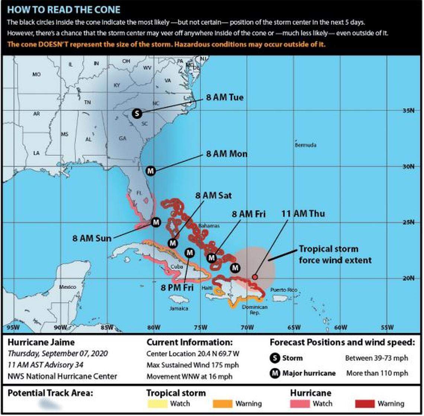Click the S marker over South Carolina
[x=137, y=113]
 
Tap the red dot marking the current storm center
[x=255, y=277]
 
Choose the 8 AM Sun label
[x=92, y=238]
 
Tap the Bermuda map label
[x=305, y=145]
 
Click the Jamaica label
[x=179, y=308]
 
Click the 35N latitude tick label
[x=408, y=110]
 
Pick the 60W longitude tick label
[x=340, y=327]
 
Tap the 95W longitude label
[x=13, y=327]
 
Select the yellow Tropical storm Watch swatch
[x=157, y=403]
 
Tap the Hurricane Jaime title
[x=41, y=342]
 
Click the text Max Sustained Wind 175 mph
[x=193, y=365]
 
